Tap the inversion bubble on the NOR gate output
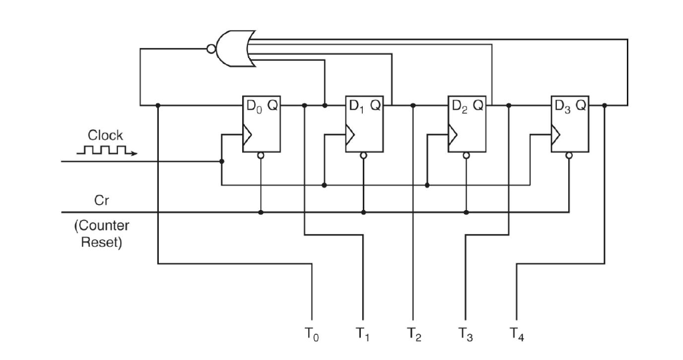point(211,49)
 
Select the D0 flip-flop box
point(261,123)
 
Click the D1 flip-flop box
point(364,123)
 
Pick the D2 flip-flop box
point(467,123)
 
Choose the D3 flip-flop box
point(570,123)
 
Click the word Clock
point(105,135)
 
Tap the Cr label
point(101,200)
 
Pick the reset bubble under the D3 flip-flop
point(569,155)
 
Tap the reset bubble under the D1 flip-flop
point(364,155)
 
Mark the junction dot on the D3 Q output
point(604,105)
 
